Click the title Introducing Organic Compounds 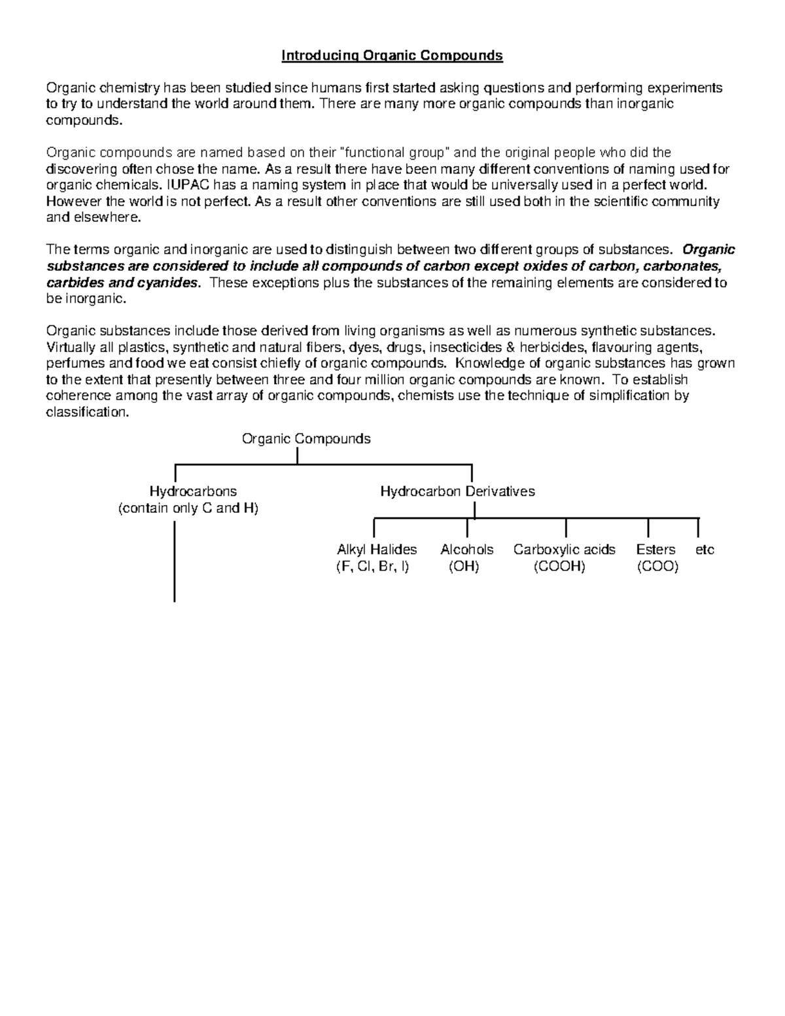[x=392, y=56]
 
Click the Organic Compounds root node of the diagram [x=306, y=439]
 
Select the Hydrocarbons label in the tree [x=193, y=491]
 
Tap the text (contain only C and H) [x=188, y=508]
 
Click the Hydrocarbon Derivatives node [x=457, y=491]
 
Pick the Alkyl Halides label [x=377, y=550]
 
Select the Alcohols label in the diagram [x=466, y=550]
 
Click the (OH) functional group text [x=464, y=567]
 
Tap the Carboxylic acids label [x=564, y=550]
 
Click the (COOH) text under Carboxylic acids [x=559, y=567]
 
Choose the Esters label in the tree [x=655, y=550]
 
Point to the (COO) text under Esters [x=657, y=567]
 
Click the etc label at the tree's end [x=705, y=550]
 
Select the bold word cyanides [x=169, y=283]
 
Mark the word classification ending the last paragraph [x=87, y=412]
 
